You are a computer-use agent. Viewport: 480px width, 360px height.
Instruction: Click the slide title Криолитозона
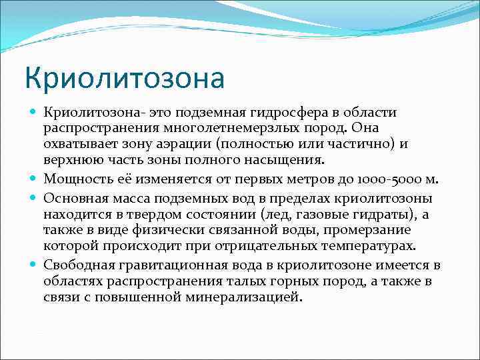(125, 77)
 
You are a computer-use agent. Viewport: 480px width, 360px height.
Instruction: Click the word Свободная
(76, 265)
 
